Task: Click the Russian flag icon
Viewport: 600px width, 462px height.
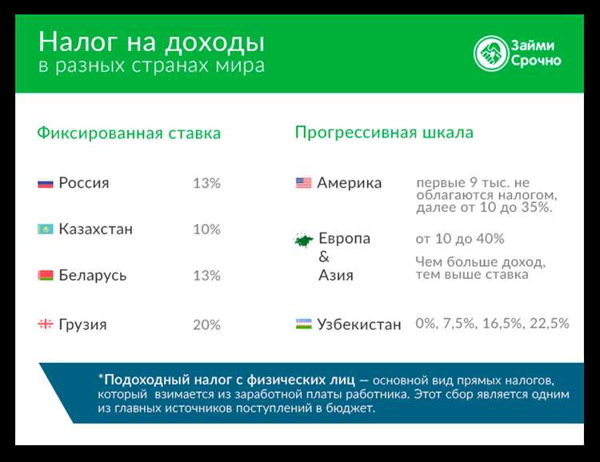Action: click(x=45, y=183)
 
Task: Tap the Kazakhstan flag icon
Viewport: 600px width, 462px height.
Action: click(x=45, y=229)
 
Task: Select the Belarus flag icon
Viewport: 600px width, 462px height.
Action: click(x=45, y=276)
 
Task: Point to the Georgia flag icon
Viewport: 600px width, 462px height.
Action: click(x=45, y=325)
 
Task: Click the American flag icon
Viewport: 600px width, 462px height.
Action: click(x=303, y=183)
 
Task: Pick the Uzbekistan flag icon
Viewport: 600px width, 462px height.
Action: click(x=303, y=324)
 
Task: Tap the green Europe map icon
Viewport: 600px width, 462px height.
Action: click(x=304, y=240)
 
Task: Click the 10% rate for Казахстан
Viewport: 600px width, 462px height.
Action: click(x=206, y=229)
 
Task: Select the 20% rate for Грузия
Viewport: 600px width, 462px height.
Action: click(x=206, y=325)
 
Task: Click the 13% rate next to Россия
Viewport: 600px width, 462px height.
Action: click(x=206, y=183)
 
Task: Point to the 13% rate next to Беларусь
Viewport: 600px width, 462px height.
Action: click(x=206, y=276)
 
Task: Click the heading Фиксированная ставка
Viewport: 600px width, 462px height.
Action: click(x=129, y=133)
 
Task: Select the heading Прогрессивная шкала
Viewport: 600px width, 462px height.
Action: click(x=384, y=133)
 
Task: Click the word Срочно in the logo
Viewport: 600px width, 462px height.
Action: click(x=535, y=62)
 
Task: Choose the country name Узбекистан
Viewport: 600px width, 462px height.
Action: click(x=359, y=325)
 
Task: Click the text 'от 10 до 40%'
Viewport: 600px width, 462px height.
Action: click(x=460, y=239)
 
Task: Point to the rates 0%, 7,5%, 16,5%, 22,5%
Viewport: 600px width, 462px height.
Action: click(x=492, y=324)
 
